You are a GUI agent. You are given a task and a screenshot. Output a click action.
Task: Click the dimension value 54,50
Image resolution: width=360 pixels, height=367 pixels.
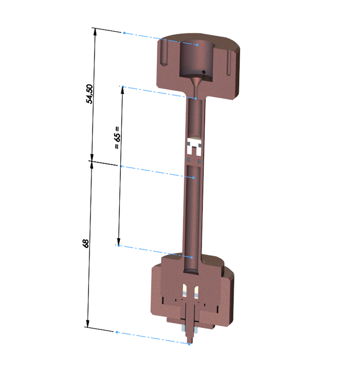point(89,94)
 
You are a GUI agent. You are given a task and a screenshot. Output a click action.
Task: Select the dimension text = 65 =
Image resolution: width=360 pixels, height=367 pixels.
point(117,138)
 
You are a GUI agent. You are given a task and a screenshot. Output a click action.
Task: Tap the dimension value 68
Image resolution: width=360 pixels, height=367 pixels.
point(85,244)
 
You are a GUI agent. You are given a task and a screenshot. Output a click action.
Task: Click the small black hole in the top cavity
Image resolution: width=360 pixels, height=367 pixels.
point(204,72)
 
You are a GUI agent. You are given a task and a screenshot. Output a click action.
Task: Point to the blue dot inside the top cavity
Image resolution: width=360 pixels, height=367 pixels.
point(197,45)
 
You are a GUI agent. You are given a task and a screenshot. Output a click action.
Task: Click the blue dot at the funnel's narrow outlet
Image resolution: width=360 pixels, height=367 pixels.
point(196,99)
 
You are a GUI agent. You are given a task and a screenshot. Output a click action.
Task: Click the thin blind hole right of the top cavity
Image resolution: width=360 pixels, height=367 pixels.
point(229,63)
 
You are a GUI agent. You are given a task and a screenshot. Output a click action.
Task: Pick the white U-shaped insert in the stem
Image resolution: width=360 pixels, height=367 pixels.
point(194,146)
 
